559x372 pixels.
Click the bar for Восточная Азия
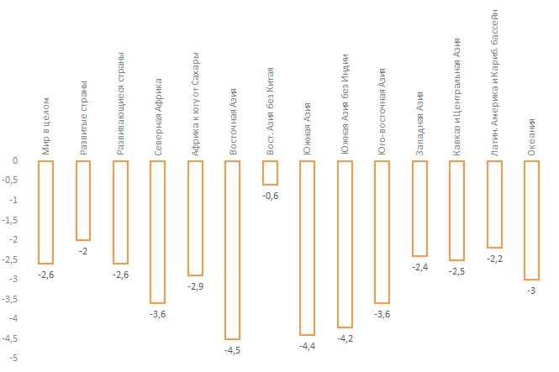coord(232,249)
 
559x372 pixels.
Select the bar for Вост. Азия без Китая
coord(270,172)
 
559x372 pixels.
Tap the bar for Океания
coord(531,220)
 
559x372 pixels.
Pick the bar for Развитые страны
coord(82,200)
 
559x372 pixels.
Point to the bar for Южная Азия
coord(307,248)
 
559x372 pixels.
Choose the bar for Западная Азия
coord(419,208)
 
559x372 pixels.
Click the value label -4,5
coord(232,350)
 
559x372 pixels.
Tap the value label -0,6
coord(270,196)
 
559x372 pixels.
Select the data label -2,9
coord(195,287)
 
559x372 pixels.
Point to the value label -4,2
coord(344,338)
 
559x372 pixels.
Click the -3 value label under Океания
coord(531,291)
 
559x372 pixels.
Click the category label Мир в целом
coord(46,126)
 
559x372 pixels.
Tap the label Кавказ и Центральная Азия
coord(456,96)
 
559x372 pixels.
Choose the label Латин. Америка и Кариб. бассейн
coord(493,80)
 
